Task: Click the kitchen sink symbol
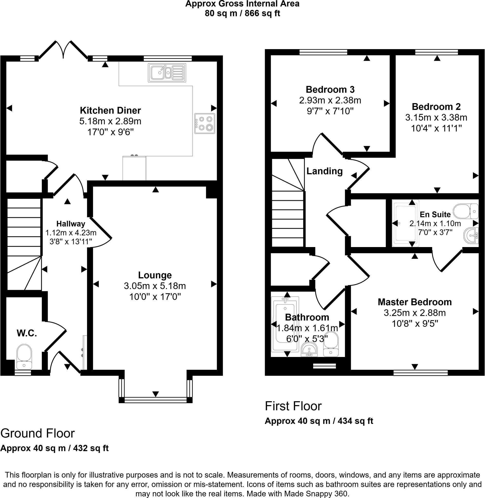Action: click(167, 73)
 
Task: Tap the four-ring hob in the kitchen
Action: click(204, 124)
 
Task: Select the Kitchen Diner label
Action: click(110, 110)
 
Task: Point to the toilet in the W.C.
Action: click(24, 356)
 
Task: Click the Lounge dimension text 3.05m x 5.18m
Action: click(155, 286)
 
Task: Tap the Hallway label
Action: click(71, 224)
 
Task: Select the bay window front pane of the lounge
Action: click(155, 400)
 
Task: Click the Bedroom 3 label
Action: click(330, 89)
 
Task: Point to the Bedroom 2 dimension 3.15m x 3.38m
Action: click(436, 117)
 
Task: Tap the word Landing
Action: click(325, 171)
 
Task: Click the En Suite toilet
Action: click(467, 211)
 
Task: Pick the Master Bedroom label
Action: click(415, 302)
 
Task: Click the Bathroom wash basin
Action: click(309, 349)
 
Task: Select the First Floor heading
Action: click(293, 406)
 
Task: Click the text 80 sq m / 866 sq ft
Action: click(242, 13)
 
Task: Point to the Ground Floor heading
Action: click(38, 433)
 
